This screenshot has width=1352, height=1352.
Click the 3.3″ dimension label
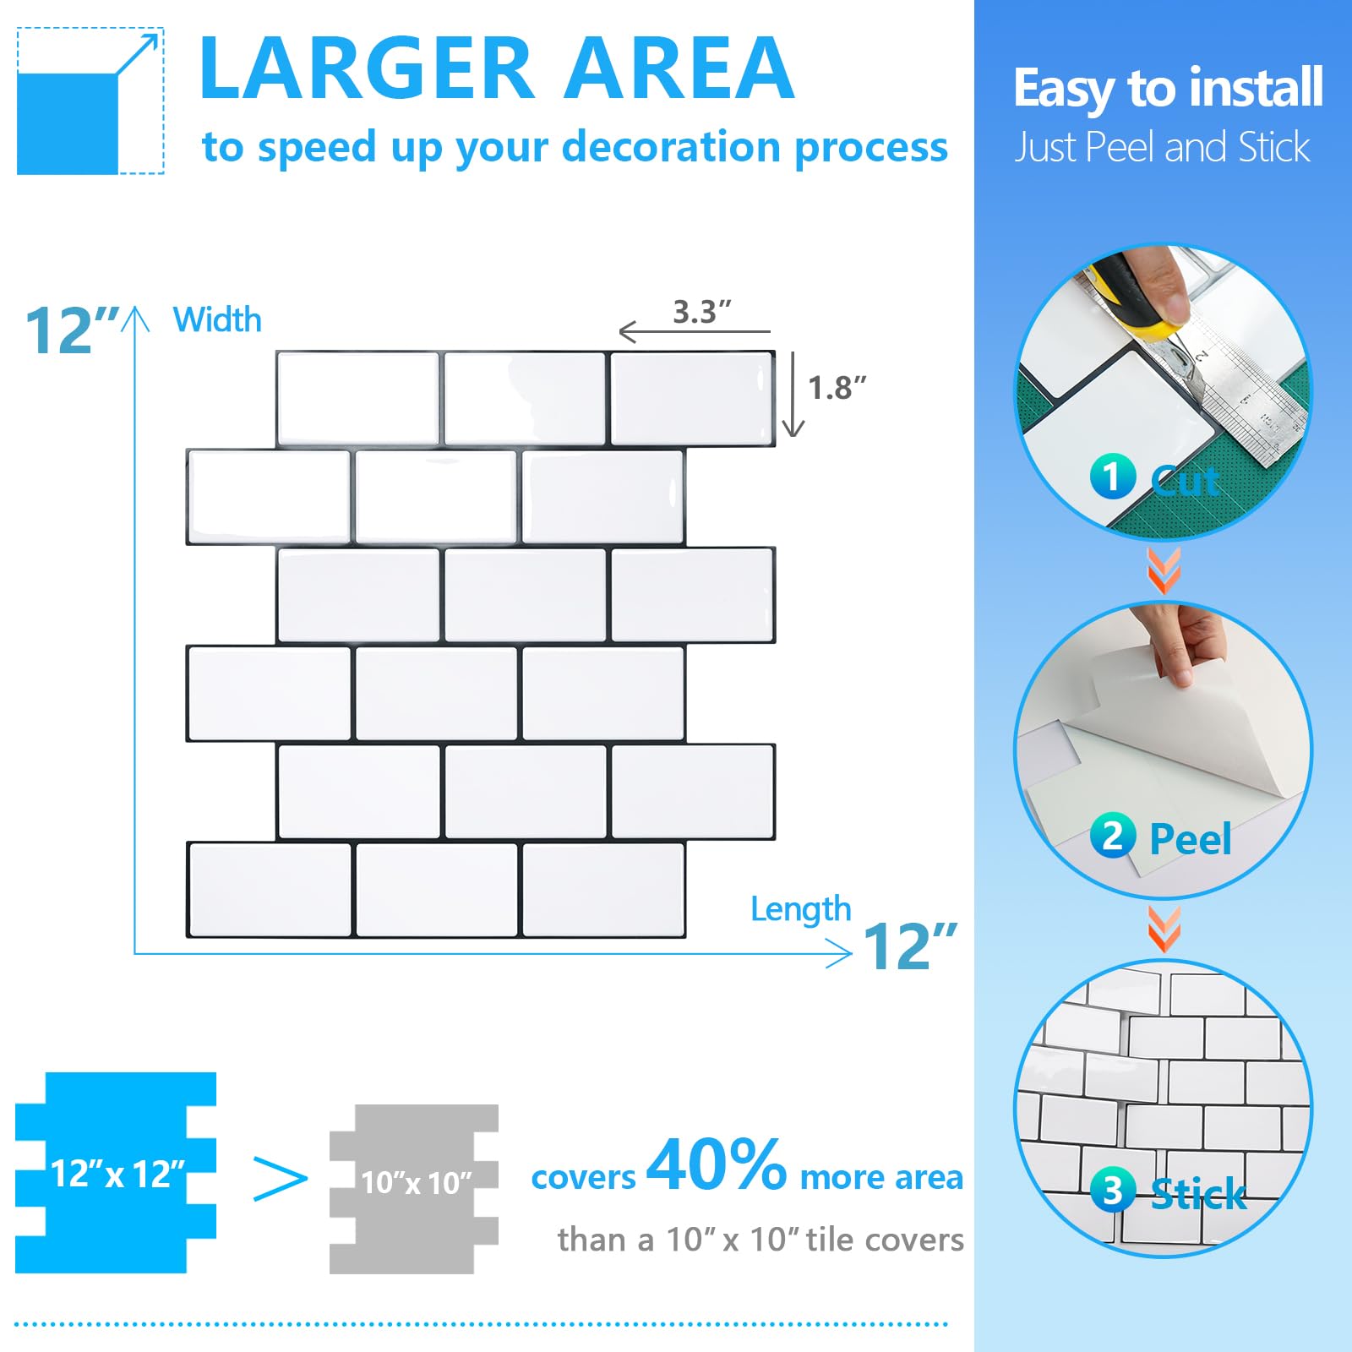701,312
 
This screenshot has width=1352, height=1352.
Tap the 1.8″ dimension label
837,388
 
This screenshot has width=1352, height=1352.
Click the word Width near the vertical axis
217,320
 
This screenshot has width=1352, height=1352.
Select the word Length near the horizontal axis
800,909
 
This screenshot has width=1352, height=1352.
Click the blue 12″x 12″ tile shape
116,1173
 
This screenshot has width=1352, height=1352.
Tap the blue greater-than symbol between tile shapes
281,1179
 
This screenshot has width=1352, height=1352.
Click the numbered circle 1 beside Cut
1112,477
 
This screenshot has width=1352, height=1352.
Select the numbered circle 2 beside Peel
1112,836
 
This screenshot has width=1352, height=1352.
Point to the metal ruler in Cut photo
1251,406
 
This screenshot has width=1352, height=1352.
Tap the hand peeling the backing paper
1183,642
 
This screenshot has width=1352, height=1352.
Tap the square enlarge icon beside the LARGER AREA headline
90,101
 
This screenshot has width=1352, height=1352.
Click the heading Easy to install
1168,89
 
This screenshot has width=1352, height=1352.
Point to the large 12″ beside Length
909,946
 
